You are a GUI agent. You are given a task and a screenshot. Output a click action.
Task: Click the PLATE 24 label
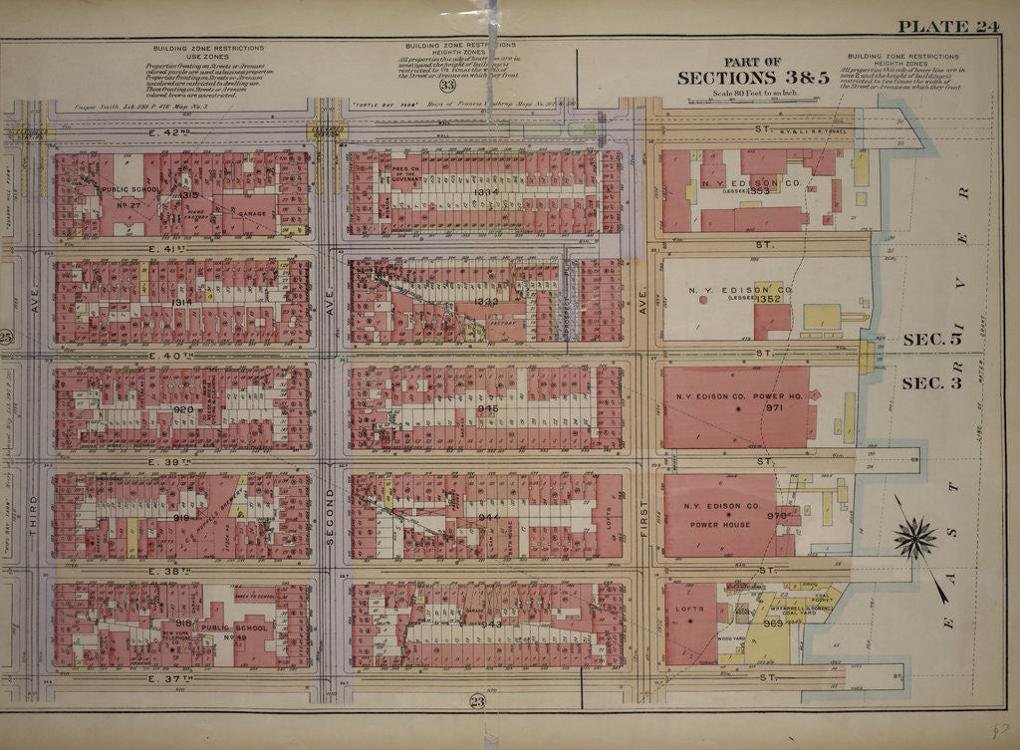[x=948, y=27]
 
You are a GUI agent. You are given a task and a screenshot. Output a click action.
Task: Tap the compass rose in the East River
[x=914, y=539]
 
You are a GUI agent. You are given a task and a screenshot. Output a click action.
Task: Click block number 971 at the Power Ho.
[x=775, y=407]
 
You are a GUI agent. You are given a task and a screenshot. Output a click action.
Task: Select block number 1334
[x=486, y=191]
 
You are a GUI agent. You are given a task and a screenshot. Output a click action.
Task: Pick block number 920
[x=183, y=408]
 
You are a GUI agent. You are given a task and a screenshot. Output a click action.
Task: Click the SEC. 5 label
[x=931, y=339]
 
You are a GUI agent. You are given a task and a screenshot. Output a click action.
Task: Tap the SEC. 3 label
[x=931, y=382]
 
